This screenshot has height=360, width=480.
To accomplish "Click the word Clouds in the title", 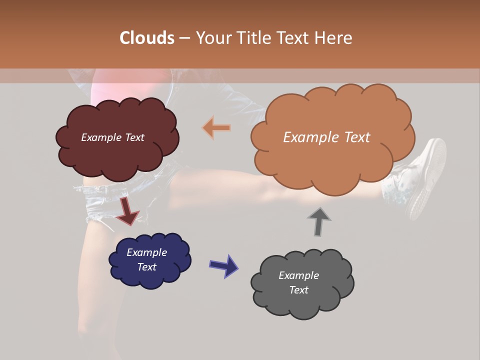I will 147,38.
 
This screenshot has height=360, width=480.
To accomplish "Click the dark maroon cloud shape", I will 117,155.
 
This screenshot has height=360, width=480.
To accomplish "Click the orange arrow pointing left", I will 216,128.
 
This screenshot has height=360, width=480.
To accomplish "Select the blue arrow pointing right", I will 223,265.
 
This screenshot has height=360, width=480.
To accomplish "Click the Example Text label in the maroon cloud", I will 112,137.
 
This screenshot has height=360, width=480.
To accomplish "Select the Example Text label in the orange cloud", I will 326,137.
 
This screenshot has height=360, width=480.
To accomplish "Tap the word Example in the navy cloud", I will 146,252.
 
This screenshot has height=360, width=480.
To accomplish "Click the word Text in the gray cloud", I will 298,290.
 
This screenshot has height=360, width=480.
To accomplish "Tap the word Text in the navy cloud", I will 146,267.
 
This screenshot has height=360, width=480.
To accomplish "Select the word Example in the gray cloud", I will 298,275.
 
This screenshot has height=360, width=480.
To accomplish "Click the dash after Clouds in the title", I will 184,38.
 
